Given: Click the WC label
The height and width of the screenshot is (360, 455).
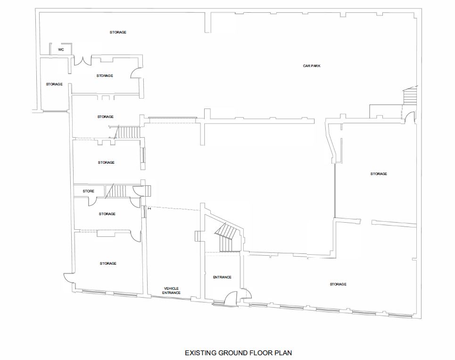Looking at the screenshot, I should tap(61, 50).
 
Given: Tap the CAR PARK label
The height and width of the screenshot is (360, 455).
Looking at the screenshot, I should tap(312, 66).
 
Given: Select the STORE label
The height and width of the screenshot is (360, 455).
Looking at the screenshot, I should tap(89, 191).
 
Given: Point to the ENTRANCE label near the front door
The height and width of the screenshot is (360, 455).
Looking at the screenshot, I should tap(222, 277).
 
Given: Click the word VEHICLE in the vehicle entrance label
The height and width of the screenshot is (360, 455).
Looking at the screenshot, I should tap(171, 288).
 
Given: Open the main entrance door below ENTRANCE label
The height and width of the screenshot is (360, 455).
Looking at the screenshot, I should tap(232, 298).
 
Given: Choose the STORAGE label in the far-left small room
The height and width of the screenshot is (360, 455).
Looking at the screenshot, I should tap(54, 84).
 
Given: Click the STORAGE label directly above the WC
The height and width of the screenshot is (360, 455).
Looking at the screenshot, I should tap(118, 32).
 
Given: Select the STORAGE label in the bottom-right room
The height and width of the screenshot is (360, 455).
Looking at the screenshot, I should tap(338, 284).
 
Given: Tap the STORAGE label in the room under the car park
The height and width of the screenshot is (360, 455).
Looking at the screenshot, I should tap(379, 174).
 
